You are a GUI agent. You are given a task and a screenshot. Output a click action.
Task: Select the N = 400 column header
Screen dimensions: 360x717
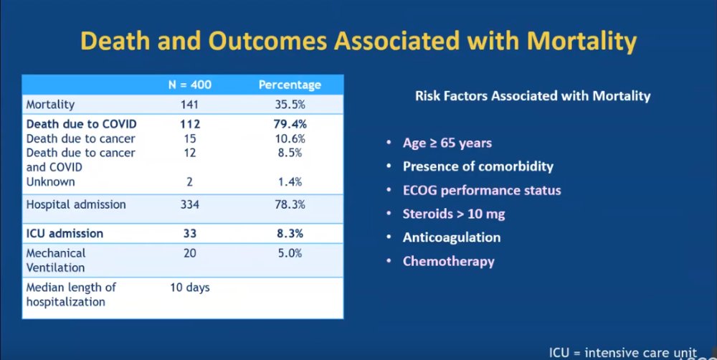click(x=189, y=85)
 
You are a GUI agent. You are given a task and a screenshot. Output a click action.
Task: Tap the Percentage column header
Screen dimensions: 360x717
click(x=290, y=85)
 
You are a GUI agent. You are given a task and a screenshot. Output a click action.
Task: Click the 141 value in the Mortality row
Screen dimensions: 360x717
click(x=189, y=105)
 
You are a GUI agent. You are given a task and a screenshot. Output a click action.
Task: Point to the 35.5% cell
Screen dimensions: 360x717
click(x=290, y=105)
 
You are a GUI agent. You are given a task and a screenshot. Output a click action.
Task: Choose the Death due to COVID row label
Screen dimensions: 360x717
click(x=81, y=124)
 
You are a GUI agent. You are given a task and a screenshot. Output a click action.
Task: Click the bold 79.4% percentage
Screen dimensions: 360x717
click(x=290, y=124)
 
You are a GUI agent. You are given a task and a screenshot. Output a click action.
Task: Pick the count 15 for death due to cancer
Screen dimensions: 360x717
click(x=189, y=138)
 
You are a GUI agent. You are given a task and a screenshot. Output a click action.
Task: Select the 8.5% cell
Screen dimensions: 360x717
click(x=290, y=153)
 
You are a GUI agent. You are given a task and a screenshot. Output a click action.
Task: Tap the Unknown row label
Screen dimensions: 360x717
click(x=50, y=182)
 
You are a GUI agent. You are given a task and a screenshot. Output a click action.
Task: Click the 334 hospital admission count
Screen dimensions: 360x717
click(x=189, y=204)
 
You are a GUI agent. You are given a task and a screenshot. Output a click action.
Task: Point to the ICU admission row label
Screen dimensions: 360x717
click(x=65, y=233)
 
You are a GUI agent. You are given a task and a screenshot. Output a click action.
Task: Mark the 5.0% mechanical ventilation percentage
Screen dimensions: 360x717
click(x=290, y=253)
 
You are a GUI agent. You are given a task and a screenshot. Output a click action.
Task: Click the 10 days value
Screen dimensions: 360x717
click(x=189, y=288)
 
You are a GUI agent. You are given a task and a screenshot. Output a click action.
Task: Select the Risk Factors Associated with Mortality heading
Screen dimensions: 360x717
click(x=533, y=95)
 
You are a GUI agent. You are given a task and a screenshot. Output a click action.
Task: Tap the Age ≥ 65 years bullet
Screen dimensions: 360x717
click(x=447, y=143)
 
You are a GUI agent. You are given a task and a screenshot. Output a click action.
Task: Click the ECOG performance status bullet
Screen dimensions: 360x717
click(x=482, y=190)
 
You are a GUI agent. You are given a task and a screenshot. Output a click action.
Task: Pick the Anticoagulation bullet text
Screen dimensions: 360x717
click(x=452, y=237)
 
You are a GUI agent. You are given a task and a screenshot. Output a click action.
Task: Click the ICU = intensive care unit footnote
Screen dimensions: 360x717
click(x=622, y=352)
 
